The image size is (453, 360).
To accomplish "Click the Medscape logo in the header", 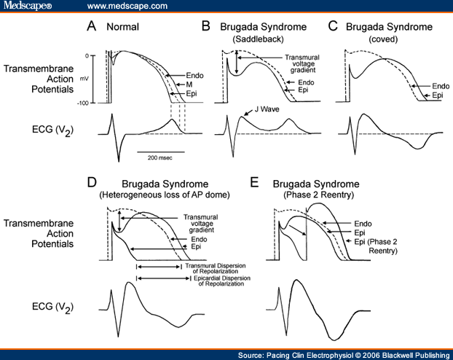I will point(27,6).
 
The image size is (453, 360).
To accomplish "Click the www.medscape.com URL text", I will point(127,6).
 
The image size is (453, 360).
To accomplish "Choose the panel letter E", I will point(256,180).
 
